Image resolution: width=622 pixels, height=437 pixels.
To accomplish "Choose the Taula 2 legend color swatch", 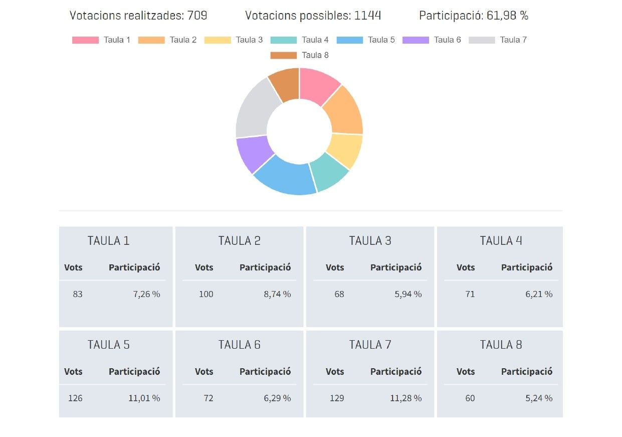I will click(x=151, y=40).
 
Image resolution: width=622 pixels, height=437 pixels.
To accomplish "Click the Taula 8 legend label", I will click(x=315, y=55).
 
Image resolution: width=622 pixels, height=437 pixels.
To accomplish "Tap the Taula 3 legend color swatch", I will click(x=218, y=40).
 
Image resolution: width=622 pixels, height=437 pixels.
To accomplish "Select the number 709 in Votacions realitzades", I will click(x=197, y=16).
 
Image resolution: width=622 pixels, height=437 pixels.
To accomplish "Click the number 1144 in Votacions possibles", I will click(x=367, y=16).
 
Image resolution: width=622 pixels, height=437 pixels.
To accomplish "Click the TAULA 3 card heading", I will click(x=370, y=241).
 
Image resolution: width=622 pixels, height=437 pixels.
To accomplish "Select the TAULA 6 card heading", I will click(x=239, y=345).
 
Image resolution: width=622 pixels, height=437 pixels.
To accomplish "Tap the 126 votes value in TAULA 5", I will click(x=75, y=398).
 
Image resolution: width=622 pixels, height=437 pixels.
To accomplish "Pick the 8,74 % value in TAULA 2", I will click(x=277, y=294).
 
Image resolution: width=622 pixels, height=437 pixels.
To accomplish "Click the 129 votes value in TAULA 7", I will click(x=337, y=398).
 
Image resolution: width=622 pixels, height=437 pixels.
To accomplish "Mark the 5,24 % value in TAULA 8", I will click(x=539, y=398).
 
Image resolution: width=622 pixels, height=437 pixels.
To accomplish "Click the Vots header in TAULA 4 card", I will click(x=465, y=267).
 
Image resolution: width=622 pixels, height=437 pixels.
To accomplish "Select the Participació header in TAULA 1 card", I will click(x=134, y=267).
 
